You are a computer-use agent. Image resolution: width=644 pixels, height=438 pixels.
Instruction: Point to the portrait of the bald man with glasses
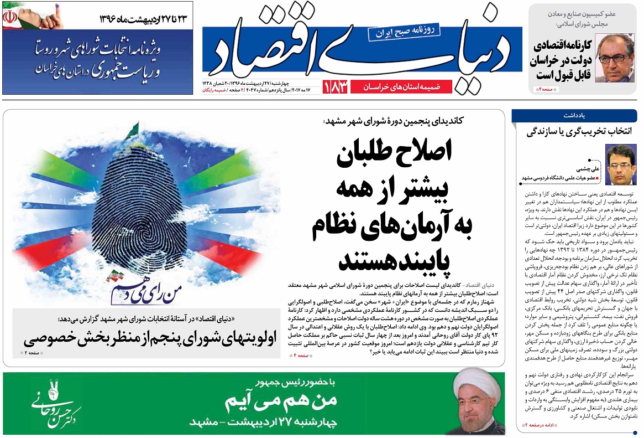tap(614, 60)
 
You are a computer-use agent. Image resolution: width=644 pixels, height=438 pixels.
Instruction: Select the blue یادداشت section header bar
tap(575, 116)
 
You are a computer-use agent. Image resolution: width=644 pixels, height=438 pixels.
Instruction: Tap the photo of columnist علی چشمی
tap(620, 164)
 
